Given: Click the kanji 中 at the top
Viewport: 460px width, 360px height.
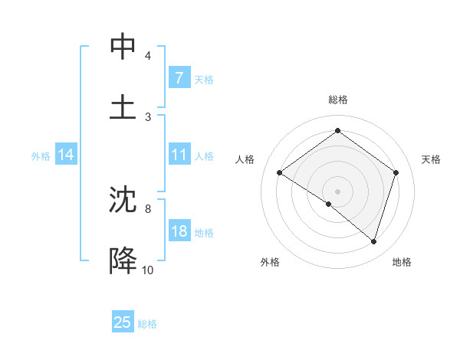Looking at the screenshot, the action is click(x=123, y=47).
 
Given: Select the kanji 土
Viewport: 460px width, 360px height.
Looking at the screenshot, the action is click(x=123, y=106).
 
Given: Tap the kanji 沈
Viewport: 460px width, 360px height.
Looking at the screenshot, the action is click(x=123, y=199).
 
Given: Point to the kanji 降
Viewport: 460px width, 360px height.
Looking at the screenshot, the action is click(x=123, y=260).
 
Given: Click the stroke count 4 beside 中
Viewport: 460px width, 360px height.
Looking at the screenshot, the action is click(x=147, y=56).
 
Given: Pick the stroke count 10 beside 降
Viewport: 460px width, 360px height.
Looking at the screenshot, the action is click(x=147, y=270).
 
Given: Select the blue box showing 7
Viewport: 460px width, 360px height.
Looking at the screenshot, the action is click(x=179, y=78).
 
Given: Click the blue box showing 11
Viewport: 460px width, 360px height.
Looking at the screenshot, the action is click(x=179, y=155).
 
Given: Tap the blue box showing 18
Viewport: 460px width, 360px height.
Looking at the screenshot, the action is click(x=179, y=231).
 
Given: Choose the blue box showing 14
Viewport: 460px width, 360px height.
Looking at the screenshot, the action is click(x=66, y=155).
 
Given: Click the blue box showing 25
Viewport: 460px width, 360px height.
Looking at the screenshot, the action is click(x=122, y=322).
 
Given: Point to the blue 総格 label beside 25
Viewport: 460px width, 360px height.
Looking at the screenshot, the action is click(x=147, y=323).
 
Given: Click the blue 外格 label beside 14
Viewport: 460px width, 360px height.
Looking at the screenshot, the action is click(x=41, y=155).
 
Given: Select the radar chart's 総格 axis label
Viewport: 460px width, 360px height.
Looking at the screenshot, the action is click(x=337, y=100).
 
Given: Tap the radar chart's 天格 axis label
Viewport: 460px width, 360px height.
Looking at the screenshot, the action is click(x=431, y=159).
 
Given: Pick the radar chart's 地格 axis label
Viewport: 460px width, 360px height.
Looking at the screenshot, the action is click(x=402, y=262).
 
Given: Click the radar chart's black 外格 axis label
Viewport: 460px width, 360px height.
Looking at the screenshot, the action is click(x=270, y=262).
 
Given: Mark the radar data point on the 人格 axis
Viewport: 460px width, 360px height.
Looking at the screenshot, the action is click(x=279, y=173).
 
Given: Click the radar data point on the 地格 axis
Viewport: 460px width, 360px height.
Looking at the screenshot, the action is click(x=373, y=241).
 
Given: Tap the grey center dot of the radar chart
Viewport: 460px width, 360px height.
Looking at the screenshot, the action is click(x=337, y=191).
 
